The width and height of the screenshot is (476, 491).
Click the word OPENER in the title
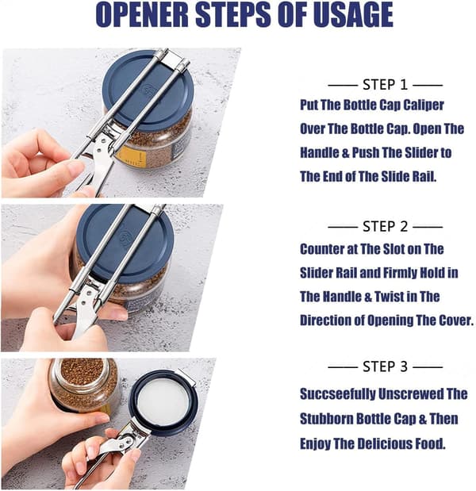tap(142, 15)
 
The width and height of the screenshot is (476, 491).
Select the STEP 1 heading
tap(386, 85)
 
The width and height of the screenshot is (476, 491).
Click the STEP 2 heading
tap(386, 226)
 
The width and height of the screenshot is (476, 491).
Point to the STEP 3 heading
tap(386, 366)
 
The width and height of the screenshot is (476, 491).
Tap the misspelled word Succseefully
tap(339, 394)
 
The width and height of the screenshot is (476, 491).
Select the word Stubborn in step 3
tap(327, 419)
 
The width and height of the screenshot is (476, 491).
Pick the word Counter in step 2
tap(322, 249)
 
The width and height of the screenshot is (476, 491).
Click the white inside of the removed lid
tap(163, 403)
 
